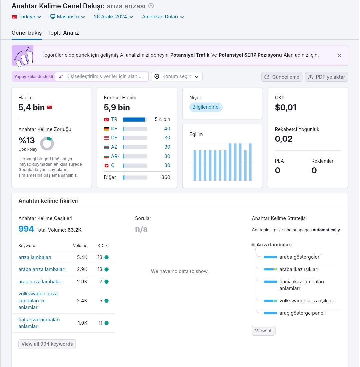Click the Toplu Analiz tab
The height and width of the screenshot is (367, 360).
tap(63, 33)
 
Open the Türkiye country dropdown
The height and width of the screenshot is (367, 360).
tap(27, 17)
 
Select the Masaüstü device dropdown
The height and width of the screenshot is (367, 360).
tap(68, 17)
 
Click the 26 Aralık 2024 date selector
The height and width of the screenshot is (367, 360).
tap(114, 17)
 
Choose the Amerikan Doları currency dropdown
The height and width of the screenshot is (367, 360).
tap(163, 17)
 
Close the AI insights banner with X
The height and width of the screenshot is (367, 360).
tap(339, 55)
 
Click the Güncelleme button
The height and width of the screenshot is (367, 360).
tap(282, 77)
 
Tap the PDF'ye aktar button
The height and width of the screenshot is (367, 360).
tap(327, 77)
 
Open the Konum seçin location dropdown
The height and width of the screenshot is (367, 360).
tap(177, 77)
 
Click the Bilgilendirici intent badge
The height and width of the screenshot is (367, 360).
tap(206, 107)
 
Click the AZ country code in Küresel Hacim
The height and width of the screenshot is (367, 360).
tap(114, 147)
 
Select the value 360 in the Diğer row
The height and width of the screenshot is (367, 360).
tap(166, 177)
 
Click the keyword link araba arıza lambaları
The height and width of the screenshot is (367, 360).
tap(42, 269)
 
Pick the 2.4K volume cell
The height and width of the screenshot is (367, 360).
tap(82, 301)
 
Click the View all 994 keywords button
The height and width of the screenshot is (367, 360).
tap(47, 344)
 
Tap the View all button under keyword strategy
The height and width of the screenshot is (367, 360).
tap(264, 331)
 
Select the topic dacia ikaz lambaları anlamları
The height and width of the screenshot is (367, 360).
tap(302, 285)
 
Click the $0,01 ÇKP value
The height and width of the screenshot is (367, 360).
tap(286, 107)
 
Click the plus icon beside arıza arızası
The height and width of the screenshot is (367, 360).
tap(151, 6)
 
